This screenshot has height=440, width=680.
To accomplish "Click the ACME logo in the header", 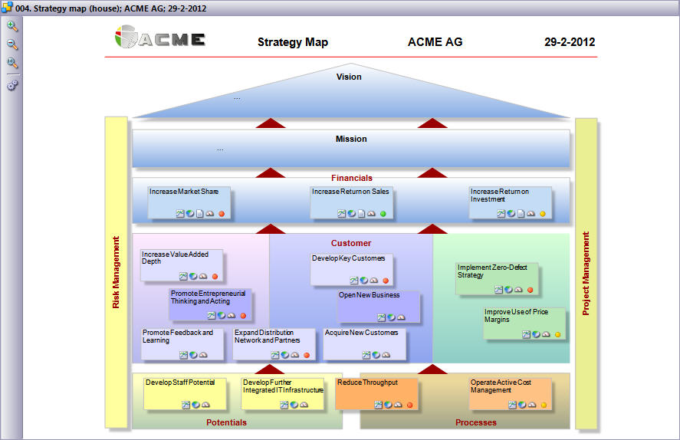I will [x=160, y=38].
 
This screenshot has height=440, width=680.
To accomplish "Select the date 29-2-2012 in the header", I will [x=570, y=42].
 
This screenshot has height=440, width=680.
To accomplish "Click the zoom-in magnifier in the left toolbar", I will [x=12, y=26].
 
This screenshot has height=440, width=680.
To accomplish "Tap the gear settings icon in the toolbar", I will [x=12, y=85].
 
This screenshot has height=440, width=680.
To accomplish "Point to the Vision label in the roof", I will [x=349, y=77].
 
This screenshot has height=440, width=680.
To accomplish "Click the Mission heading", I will [x=351, y=139].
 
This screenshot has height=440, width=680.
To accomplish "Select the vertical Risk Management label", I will [x=117, y=272].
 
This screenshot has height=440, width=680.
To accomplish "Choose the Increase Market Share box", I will [x=189, y=202].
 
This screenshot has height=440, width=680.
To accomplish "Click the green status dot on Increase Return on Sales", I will [x=383, y=214].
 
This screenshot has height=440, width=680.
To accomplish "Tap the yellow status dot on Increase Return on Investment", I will [x=542, y=214].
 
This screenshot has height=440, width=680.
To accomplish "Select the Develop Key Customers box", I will [x=352, y=269].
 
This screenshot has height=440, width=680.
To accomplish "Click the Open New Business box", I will [x=379, y=305].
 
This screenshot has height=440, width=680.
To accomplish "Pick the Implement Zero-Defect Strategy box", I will [x=497, y=278].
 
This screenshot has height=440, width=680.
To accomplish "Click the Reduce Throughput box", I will [x=376, y=392].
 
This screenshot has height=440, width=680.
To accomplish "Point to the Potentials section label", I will [x=226, y=422].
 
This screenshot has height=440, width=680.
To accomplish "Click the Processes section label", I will [x=476, y=422].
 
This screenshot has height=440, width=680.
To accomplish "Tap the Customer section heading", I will [x=351, y=243].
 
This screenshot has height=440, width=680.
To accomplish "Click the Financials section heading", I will [x=352, y=178].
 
